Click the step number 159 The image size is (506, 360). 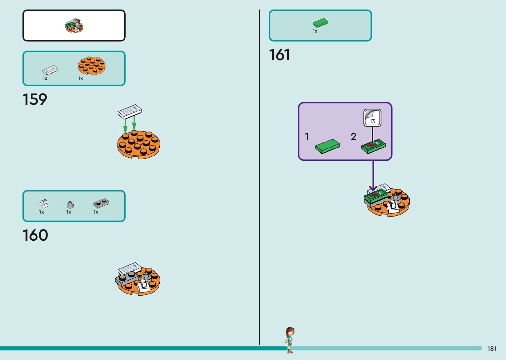(x=35, y=100)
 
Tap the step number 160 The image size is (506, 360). (x=35, y=235)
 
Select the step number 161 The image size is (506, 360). (x=280, y=55)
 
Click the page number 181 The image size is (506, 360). (x=492, y=348)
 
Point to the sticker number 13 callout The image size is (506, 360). (x=372, y=118)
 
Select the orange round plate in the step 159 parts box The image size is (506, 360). (x=92, y=65)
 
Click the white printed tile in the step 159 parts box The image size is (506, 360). (x=50, y=70)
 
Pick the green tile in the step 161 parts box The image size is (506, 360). (x=320, y=22)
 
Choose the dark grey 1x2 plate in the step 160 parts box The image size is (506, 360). (x=101, y=203)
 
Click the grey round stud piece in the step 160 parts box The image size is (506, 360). (x=70, y=205)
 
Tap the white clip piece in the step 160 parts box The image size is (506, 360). (x=44, y=203)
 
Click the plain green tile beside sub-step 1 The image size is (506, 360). (x=327, y=146)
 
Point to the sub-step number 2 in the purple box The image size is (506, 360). (x=354, y=137)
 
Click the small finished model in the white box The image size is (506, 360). (x=74, y=25)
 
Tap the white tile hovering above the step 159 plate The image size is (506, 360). (x=130, y=111)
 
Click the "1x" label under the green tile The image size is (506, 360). (x=315, y=31)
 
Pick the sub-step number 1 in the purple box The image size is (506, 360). (x=307, y=137)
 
